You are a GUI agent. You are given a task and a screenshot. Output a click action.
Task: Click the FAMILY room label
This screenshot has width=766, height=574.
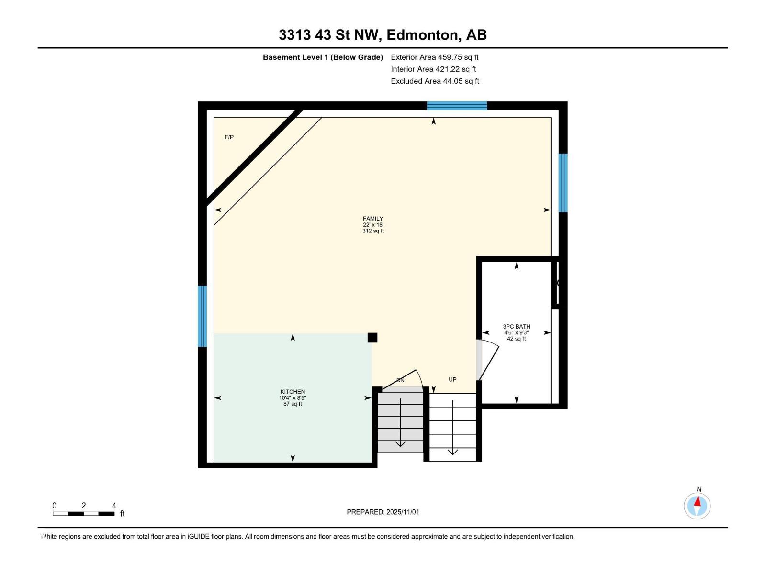[373, 219]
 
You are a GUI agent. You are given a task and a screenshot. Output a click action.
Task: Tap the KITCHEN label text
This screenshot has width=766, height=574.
[293, 392]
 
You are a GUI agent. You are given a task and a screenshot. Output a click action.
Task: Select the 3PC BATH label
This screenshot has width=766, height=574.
[517, 327]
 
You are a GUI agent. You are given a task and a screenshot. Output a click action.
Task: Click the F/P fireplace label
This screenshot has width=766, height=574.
[229, 137]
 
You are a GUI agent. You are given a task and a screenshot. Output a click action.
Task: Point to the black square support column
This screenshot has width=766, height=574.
[372, 338]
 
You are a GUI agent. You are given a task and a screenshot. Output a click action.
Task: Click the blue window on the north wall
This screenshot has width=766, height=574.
[457, 106]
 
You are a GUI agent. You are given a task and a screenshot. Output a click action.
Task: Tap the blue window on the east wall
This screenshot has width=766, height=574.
[563, 183]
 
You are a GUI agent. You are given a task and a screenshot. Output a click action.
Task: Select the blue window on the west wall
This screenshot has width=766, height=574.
[203, 316]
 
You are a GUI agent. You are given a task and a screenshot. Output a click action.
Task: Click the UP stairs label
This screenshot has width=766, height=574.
[452, 380]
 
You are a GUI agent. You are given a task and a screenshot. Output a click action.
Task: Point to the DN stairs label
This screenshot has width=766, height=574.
[400, 380]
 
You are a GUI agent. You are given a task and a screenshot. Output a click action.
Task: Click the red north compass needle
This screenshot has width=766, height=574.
[698, 502]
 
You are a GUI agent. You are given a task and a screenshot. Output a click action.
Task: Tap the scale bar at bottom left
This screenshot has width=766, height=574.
[84, 514]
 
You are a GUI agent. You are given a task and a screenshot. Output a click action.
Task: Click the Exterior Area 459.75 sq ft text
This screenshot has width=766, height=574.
[435, 57]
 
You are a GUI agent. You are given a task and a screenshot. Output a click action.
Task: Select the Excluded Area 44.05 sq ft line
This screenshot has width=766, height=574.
[435, 81]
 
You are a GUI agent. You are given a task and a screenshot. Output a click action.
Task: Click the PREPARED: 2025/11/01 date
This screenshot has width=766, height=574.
[383, 512]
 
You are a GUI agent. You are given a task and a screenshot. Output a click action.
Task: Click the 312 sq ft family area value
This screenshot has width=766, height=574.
[373, 231]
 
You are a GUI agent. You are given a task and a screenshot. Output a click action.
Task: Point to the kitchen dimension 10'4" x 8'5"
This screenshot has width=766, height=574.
[293, 398]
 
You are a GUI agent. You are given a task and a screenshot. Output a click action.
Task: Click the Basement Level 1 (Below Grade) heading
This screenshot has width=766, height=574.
[323, 57]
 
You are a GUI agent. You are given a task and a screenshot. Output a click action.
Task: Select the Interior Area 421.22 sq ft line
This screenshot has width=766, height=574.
[433, 69]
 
